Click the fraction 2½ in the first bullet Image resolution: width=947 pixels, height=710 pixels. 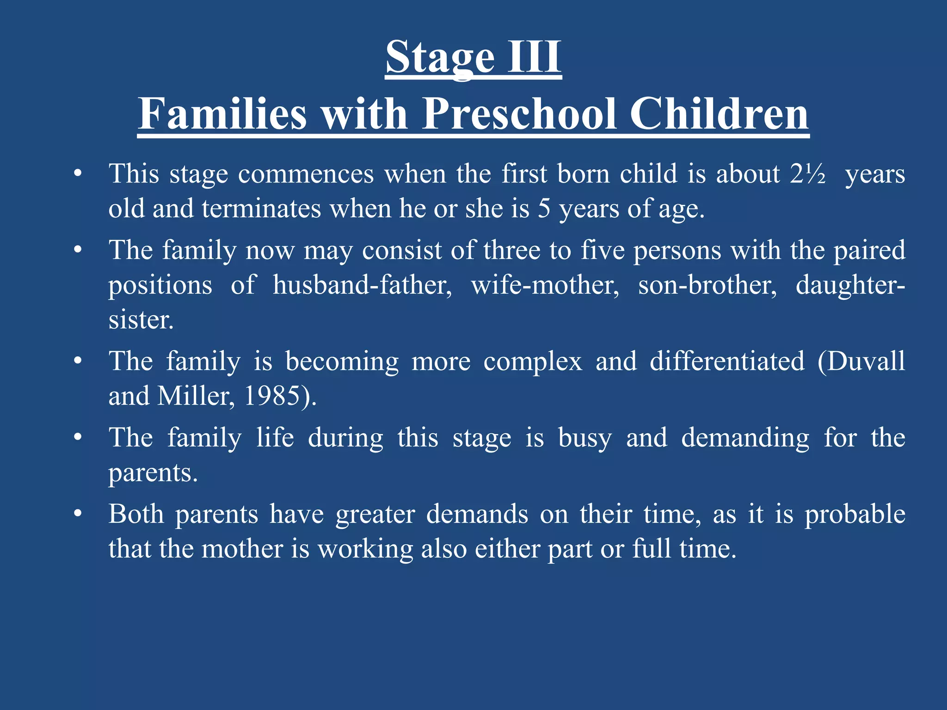pyautogui.click(x=808, y=174)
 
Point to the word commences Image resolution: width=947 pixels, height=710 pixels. pyautogui.click(x=306, y=174)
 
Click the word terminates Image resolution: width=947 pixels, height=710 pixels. pyautogui.click(x=261, y=209)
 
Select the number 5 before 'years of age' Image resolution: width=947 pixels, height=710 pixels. pyautogui.click(x=544, y=209)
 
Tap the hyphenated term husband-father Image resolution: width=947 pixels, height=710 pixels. pyautogui.click(x=362, y=285)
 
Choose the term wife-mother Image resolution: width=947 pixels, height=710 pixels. pyautogui.click(x=545, y=285)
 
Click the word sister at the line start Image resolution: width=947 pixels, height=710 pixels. pyautogui.click(x=141, y=320)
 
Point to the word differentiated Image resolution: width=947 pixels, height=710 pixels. pyautogui.click(x=727, y=361)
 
